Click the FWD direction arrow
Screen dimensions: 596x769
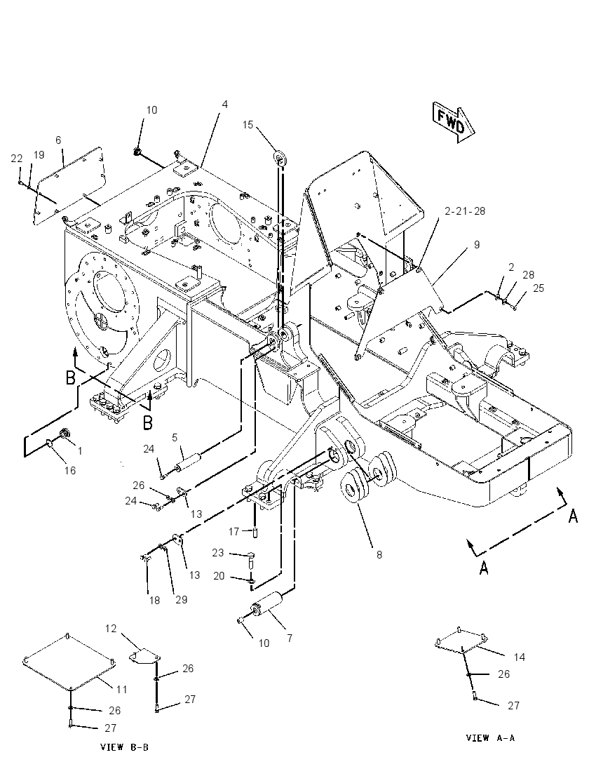(x=454, y=123)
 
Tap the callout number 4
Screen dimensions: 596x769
(x=224, y=104)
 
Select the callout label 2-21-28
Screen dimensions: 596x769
(x=465, y=211)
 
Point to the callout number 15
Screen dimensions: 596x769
(x=248, y=125)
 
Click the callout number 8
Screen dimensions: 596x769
(x=379, y=555)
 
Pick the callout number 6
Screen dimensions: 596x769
(x=58, y=140)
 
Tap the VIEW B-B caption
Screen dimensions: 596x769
(x=124, y=747)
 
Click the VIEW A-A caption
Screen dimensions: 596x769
(x=490, y=737)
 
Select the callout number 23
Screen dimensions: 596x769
(x=217, y=553)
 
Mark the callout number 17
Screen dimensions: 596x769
(x=233, y=531)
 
